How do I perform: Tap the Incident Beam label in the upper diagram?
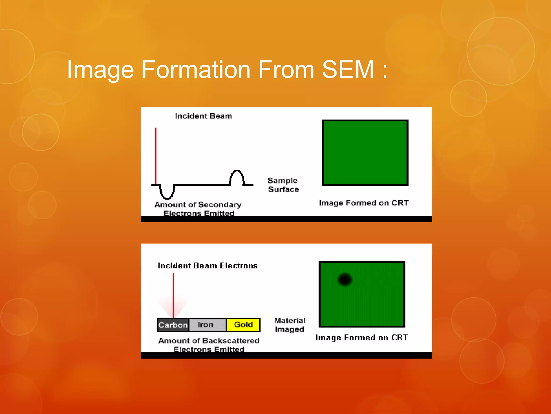tap(203, 116)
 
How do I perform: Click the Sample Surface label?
tap(283, 185)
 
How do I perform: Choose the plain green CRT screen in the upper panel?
tap(365, 153)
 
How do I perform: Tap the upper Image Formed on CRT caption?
tap(364, 203)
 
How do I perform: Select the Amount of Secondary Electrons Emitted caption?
tap(198, 209)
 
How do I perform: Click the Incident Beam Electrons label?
tap(207, 266)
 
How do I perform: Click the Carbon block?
tap(173, 325)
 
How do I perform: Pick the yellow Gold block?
tap(243, 325)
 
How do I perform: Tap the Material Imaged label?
tap(289, 325)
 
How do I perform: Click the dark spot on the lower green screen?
tap(345, 279)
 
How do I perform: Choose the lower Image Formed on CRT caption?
tap(362, 337)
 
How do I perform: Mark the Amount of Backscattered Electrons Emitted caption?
tap(209, 345)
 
